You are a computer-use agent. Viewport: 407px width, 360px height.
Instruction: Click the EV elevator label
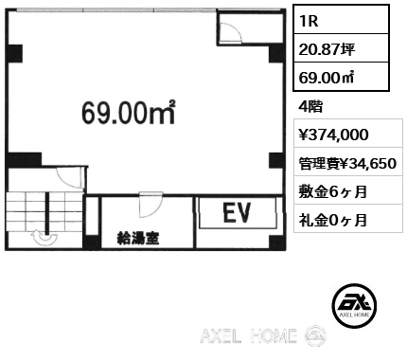click(237, 212)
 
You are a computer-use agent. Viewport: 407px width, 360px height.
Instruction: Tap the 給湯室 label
click(138, 238)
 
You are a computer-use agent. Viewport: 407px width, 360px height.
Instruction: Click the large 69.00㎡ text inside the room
click(129, 113)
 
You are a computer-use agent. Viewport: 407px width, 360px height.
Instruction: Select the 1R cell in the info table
click(341, 20)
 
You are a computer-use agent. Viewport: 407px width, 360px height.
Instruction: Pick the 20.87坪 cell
click(341, 48)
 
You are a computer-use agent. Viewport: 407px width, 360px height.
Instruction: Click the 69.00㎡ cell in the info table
click(341, 77)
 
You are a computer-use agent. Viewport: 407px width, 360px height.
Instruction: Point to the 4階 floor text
click(310, 107)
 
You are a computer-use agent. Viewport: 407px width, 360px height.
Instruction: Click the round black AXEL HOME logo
click(354, 305)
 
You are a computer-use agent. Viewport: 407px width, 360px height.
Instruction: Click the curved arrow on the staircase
click(44, 237)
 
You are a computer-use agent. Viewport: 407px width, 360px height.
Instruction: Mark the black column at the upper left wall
click(15, 54)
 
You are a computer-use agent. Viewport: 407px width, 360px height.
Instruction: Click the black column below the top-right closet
click(276, 54)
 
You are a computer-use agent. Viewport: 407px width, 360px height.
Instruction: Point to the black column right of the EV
click(276, 243)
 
